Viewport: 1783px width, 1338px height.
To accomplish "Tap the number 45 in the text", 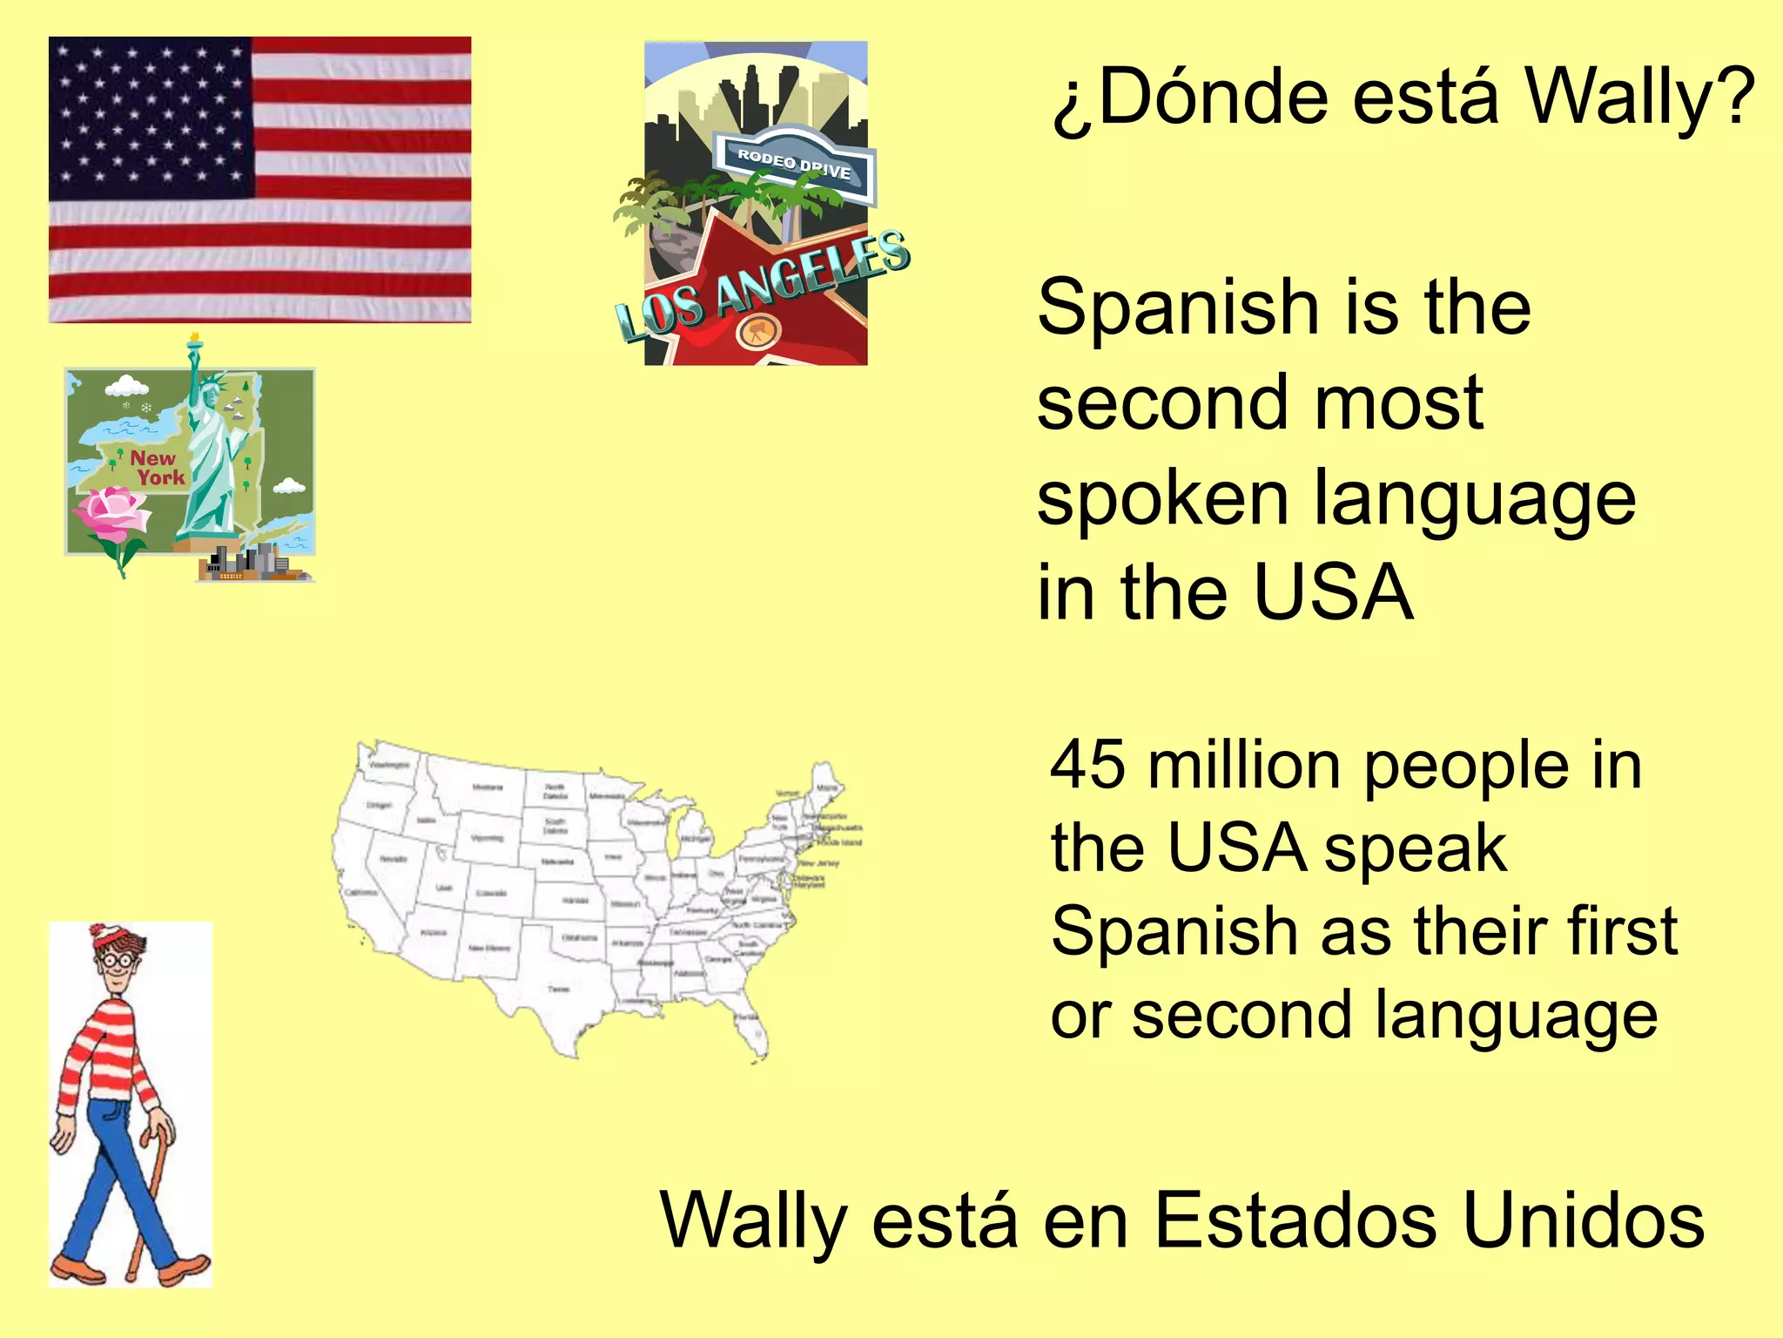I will [1087, 765].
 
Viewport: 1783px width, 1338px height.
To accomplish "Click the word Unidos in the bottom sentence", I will [1584, 1220].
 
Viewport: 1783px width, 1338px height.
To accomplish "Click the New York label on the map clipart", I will [157, 468].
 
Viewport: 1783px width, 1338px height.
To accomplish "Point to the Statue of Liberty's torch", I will [195, 341].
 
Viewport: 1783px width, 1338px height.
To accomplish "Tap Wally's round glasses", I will [118, 960].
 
